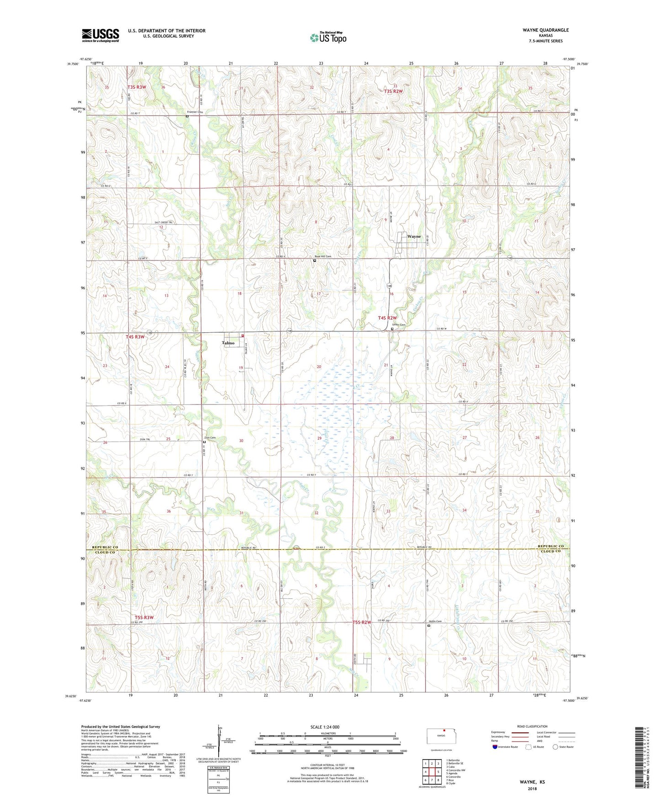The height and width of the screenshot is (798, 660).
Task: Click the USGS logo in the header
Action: point(100,35)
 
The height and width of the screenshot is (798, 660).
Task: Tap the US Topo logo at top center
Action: point(328,37)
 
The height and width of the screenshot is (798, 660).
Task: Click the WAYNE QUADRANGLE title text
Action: point(546,30)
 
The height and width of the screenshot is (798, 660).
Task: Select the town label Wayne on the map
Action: point(414,237)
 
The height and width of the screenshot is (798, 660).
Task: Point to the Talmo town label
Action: point(228,343)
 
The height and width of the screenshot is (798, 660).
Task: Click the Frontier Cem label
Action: point(195,112)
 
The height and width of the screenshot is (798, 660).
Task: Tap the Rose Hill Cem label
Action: point(322,256)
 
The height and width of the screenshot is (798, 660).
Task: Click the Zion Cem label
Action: point(210,438)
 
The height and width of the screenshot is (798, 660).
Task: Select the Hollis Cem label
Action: point(435,622)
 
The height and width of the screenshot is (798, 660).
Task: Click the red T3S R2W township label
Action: point(393,91)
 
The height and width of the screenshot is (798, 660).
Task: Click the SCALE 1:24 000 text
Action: point(324,727)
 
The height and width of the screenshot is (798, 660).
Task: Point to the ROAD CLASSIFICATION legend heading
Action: point(532,726)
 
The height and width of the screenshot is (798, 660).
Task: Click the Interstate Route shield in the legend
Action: point(496,747)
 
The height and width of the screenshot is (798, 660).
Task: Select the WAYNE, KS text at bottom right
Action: point(532,782)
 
